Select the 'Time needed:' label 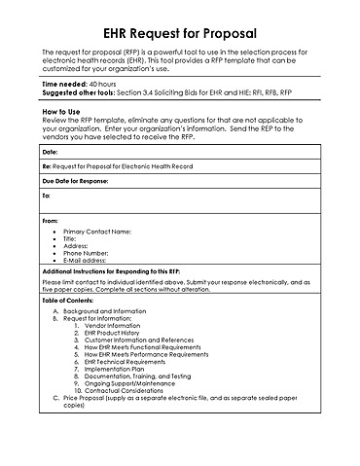[x=64, y=85]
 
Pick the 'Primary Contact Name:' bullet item [x=96, y=232]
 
